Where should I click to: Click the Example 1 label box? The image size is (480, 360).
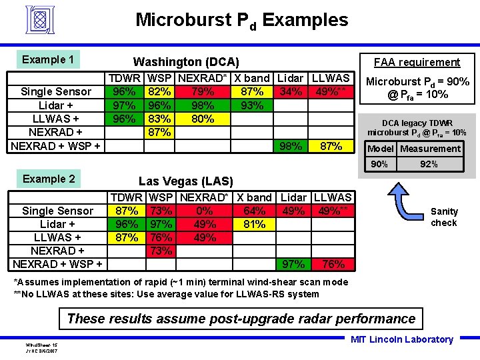pos(47,60)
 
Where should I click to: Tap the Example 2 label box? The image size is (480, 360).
pos(48,179)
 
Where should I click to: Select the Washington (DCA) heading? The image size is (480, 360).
pos(186,61)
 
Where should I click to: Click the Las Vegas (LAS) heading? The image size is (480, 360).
pos(185,181)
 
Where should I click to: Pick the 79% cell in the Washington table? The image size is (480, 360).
pos(202,92)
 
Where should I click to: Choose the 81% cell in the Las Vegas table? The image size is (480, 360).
pos(254,225)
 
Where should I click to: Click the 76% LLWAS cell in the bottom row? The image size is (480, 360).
pos(333,265)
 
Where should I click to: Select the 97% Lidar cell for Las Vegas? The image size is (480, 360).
pos(293,265)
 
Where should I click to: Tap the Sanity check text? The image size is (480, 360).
pos(444,217)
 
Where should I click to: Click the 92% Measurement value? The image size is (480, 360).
pos(429,164)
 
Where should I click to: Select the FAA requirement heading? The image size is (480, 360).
pos(417,63)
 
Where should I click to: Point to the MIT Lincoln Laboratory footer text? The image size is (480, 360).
pos(401,340)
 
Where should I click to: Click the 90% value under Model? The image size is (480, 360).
pos(379,164)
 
